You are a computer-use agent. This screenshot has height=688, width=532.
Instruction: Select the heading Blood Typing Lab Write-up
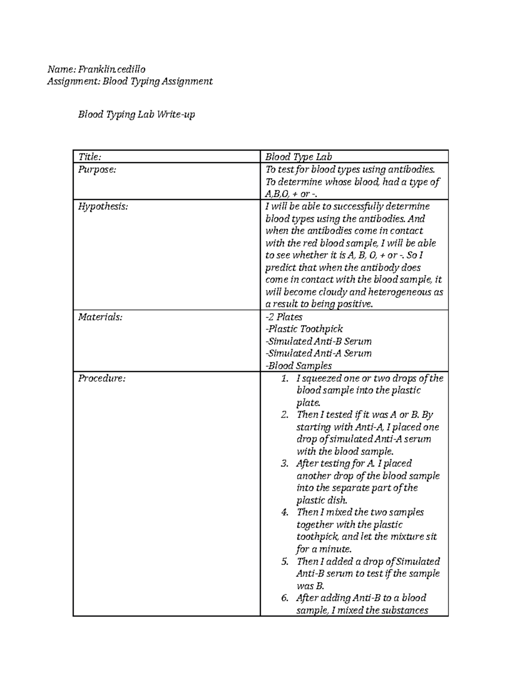click(137, 114)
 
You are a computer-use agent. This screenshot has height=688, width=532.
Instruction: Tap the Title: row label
click(90, 157)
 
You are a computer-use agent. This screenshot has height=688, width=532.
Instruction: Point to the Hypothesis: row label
click(103, 206)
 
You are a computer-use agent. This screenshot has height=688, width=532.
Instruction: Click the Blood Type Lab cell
click(298, 157)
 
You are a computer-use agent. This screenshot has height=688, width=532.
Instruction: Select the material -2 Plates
click(283, 317)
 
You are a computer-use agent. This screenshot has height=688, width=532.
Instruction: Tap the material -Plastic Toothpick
click(304, 329)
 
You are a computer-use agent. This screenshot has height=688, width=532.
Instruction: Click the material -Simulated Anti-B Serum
click(318, 341)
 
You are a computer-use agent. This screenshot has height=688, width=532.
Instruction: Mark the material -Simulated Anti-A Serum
click(318, 354)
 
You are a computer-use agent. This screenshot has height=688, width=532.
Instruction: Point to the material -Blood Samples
click(298, 366)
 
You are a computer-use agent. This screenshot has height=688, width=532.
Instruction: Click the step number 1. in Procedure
click(285, 379)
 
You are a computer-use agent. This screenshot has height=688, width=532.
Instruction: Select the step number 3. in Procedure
click(285, 464)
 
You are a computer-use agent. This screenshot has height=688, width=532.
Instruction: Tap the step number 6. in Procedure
click(285, 598)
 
